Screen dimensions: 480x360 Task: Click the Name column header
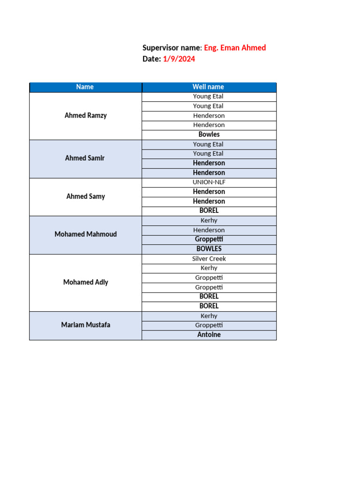[85, 87]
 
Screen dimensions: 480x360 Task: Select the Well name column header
[208, 87]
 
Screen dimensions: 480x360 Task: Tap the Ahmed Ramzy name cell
[86, 115]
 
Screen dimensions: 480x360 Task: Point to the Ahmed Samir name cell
[85, 158]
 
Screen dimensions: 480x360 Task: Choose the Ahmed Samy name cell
[86, 196]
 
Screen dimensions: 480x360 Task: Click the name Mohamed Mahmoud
[86, 234]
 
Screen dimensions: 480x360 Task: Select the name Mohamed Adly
[86, 282]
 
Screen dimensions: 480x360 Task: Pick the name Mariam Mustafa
[86, 325]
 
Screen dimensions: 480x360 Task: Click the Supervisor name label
[172, 48]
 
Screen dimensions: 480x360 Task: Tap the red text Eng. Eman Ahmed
[235, 48]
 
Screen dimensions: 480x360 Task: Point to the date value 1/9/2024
[179, 59]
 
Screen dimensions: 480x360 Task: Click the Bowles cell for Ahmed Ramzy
[209, 135]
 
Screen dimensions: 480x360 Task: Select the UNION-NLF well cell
[209, 182]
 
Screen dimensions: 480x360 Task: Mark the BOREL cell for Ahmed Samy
[209, 211]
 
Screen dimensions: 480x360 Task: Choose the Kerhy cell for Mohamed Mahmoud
[209, 220]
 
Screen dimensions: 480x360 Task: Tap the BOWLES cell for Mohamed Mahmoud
[209, 249]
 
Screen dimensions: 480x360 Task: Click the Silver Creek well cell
[209, 259]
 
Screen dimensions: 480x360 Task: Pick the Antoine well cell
[209, 335]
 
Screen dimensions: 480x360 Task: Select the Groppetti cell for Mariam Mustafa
[209, 325]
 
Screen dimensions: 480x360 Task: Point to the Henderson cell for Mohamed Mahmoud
[209, 230]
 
